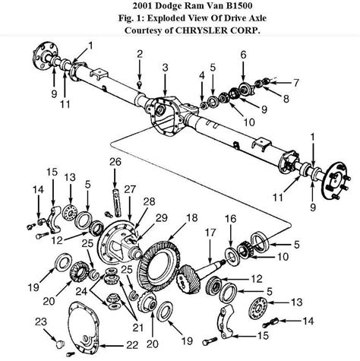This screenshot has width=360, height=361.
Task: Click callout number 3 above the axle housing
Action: point(165,69)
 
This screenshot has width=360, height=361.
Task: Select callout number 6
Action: point(243,54)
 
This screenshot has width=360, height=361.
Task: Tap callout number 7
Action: point(295,81)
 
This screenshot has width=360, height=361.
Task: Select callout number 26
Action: point(115,161)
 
